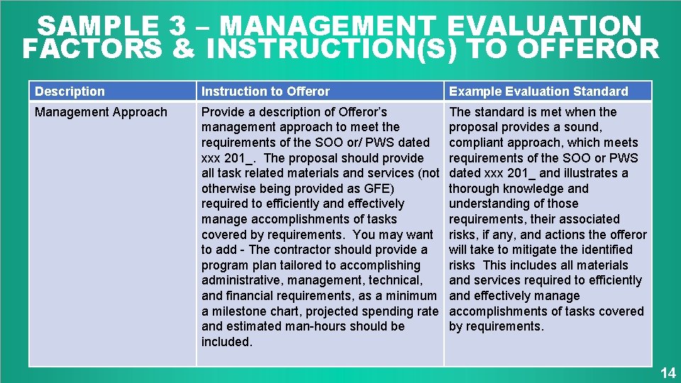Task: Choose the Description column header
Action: [70, 91]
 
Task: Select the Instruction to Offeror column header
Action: [265, 91]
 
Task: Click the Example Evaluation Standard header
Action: [538, 91]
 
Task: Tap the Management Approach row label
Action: [101, 112]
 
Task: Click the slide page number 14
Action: [668, 373]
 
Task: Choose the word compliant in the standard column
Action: [477, 143]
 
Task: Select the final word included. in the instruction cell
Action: [227, 342]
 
